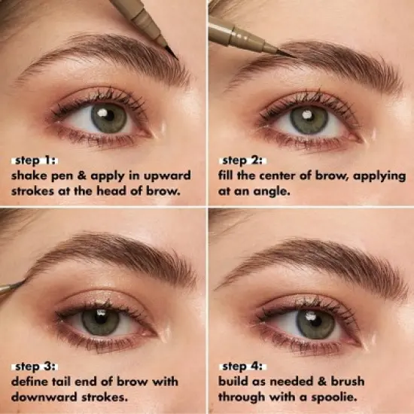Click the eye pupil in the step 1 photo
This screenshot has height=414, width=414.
click(110, 118)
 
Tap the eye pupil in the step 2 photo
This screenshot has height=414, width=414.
click(309, 119)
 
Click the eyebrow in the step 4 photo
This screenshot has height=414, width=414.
click(316, 260)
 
